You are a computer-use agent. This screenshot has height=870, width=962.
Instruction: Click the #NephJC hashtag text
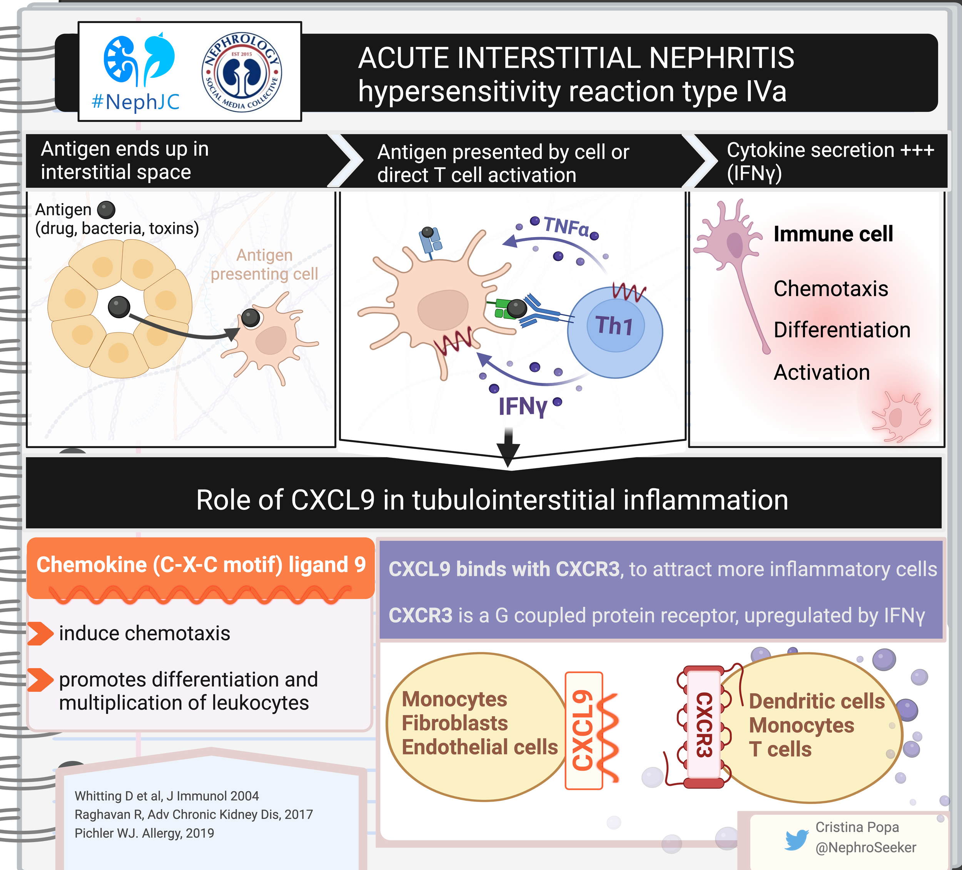point(135,102)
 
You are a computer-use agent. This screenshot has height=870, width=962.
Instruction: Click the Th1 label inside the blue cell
point(614,326)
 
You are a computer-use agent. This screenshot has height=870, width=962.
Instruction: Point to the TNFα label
point(566,226)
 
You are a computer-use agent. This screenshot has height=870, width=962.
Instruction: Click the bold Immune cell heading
point(833,234)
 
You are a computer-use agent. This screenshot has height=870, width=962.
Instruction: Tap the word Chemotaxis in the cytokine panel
point(830,288)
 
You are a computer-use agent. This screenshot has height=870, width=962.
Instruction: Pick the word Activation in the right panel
point(821,372)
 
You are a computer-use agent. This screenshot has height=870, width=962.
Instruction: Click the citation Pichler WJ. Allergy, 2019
point(144,833)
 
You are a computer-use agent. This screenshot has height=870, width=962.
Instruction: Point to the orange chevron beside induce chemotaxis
point(40,634)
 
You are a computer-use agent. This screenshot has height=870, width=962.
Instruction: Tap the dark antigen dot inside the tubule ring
point(119,307)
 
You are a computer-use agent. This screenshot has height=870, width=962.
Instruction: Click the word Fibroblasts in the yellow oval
point(454,723)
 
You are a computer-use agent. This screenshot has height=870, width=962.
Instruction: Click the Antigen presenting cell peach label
point(264,264)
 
